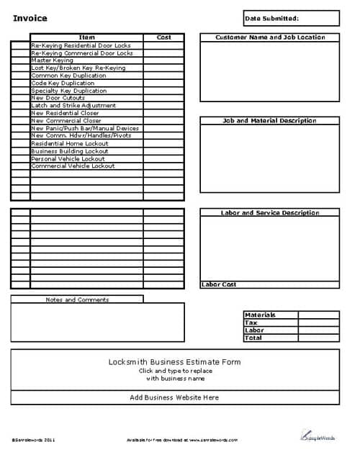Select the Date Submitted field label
(271, 18)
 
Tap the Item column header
(86, 37)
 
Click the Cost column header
(163, 37)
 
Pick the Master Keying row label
(52, 60)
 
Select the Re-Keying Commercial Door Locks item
(81, 53)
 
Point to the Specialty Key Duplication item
(68, 91)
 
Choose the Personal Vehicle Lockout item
(68, 158)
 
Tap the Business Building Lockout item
(70, 151)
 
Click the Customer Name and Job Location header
(270, 37)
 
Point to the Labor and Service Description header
(270, 213)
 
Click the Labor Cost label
(219, 285)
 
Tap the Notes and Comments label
(77, 299)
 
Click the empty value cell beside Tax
(318, 323)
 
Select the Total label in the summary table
(253, 338)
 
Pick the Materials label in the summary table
(260, 315)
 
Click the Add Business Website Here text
(174, 397)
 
